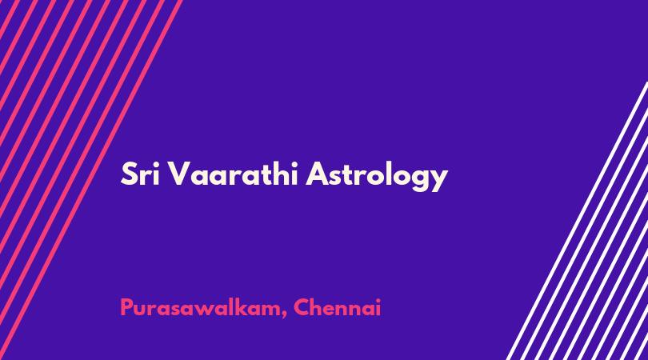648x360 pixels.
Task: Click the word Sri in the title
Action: pos(140,174)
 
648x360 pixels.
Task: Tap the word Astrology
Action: pos(377,176)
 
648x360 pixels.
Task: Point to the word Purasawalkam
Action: pos(200,308)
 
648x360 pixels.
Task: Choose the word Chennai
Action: pos(337,307)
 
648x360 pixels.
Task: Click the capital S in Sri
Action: pos(129,174)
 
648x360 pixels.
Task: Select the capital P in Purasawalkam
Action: pos(127,307)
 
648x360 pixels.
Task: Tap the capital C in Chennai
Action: pos(302,307)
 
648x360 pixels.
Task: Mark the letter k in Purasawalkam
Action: pos(252,307)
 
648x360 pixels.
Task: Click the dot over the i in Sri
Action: pos(155,164)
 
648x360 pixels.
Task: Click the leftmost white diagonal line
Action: pos(577,221)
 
